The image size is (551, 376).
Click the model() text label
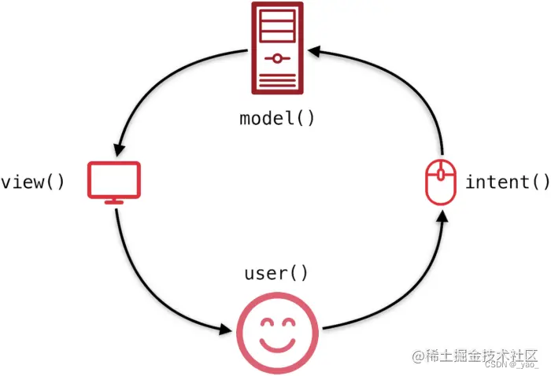[277, 119]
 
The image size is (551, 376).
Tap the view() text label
[32, 182]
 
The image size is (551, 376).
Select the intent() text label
[508, 182]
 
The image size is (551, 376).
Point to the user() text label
[277, 273]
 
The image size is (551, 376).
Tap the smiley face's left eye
[265, 323]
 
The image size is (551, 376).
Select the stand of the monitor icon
[114, 201]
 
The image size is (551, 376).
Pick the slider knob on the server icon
[277, 57]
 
